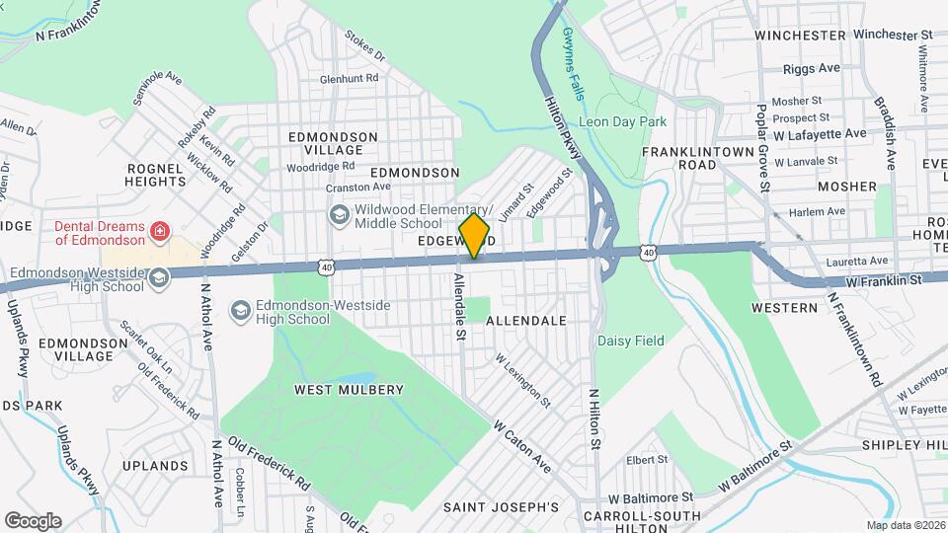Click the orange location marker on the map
475,236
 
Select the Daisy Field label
630,341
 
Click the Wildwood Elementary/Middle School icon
339,215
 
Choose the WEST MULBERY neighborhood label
349,390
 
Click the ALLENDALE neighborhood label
525,321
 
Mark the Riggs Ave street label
811,68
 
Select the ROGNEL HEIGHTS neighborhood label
156,175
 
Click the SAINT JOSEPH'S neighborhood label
500,507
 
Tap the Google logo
33,520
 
